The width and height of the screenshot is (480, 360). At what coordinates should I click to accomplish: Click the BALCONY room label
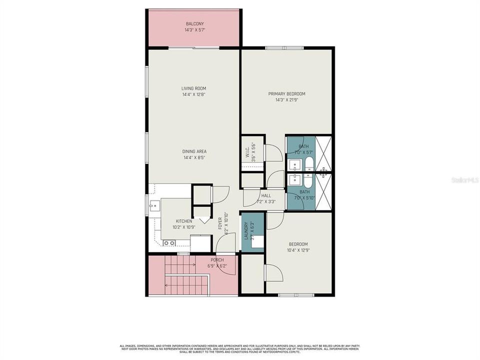(x=194, y=23)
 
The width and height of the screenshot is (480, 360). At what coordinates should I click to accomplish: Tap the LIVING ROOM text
(x=193, y=88)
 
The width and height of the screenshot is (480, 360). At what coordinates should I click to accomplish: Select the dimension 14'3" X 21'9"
(x=286, y=99)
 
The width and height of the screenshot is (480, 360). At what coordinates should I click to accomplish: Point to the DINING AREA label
(x=194, y=151)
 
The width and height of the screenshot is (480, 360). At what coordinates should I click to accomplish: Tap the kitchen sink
(x=154, y=205)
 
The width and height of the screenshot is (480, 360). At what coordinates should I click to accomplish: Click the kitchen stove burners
(x=169, y=243)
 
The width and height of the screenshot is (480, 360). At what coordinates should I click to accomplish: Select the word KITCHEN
(x=183, y=221)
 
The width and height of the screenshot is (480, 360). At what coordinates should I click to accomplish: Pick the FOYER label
(x=220, y=223)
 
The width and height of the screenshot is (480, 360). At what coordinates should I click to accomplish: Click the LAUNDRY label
(x=245, y=229)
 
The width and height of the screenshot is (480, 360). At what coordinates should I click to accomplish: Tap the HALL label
(x=266, y=196)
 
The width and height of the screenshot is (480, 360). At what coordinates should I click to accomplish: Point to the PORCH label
(x=217, y=259)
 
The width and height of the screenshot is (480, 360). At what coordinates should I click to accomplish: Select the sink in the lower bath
(x=295, y=179)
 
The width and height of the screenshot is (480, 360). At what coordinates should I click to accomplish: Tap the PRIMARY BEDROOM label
(x=286, y=93)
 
